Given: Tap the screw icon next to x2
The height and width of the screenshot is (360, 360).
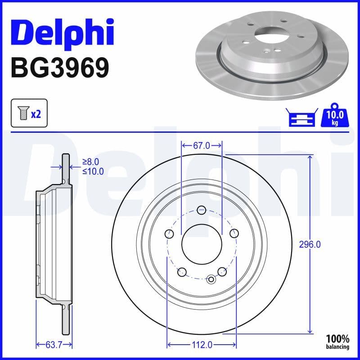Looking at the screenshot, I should [22, 114].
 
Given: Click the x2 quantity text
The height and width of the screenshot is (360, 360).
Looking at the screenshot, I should [36, 114].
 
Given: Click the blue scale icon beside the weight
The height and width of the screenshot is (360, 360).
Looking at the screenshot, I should [301, 118].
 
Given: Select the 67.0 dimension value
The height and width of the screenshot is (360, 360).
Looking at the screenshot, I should [202, 145].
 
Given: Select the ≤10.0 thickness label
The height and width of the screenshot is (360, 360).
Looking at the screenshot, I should [93, 171].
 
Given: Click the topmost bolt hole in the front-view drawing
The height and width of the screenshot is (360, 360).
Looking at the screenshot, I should [202, 210].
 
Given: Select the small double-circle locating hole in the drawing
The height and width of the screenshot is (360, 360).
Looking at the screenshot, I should [211, 279].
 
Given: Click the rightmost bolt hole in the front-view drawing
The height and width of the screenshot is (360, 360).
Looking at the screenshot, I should [234, 234].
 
